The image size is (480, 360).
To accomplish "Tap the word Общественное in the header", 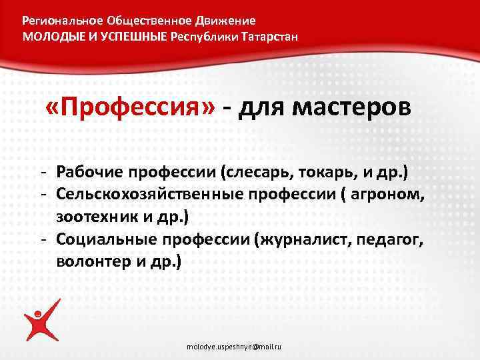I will pos(143,21).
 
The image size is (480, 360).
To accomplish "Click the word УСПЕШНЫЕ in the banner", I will pos(131,36).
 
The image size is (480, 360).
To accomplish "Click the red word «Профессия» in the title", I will pos(131,107).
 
